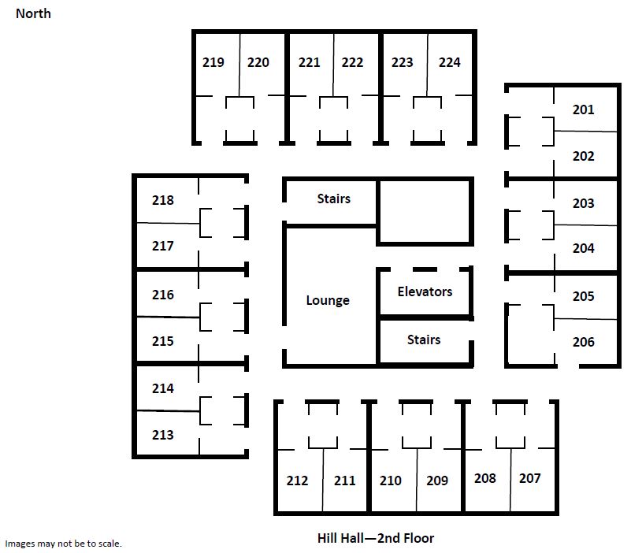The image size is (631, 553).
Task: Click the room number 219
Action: click(x=213, y=62)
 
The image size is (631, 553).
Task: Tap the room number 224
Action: click(x=449, y=62)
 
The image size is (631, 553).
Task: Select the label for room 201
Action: click(x=583, y=109)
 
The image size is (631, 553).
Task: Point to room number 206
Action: click(x=583, y=342)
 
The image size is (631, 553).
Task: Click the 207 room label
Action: click(x=529, y=478)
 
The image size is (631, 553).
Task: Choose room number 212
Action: click(x=297, y=481)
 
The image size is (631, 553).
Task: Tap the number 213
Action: click(x=162, y=435)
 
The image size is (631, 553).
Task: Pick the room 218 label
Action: click(x=162, y=200)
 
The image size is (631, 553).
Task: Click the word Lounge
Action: click(x=328, y=301)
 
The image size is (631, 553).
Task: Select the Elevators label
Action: click(x=425, y=291)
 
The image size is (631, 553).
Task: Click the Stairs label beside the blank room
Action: click(x=333, y=199)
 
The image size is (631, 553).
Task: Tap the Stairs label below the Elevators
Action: click(x=424, y=340)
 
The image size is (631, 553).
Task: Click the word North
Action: click(x=33, y=13)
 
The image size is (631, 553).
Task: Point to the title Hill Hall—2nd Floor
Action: click(x=376, y=538)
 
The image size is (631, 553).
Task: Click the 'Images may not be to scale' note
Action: click(x=63, y=544)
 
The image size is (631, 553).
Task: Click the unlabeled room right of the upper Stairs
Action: click(x=425, y=212)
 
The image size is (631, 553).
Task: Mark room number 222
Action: click(x=352, y=62)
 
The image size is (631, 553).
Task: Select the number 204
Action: click(x=583, y=248)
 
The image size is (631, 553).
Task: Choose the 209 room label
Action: click(x=437, y=481)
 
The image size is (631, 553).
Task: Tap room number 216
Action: click(x=162, y=295)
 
